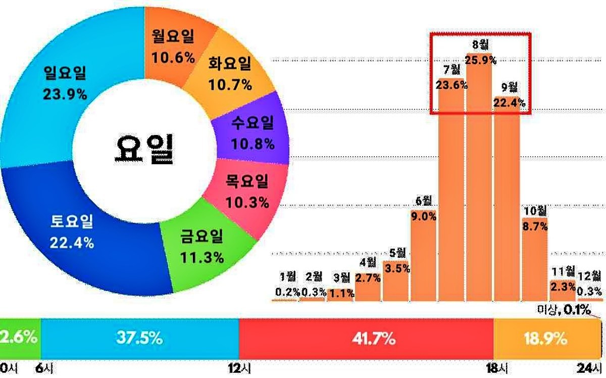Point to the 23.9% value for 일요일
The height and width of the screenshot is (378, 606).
(x=65, y=95)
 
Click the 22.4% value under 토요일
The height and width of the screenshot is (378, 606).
(x=72, y=243)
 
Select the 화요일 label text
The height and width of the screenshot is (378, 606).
(x=230, y=64)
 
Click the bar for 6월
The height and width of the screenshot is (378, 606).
(x=423, y=255)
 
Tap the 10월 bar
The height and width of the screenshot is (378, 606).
(x=535, y=259)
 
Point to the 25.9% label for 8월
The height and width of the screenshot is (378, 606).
(x=480, y=60)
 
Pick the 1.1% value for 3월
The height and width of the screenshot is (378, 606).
(x=341, y=294)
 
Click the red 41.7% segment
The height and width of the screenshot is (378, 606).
(x=366, y=339)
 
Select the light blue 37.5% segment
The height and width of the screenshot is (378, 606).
(x=140, y=339)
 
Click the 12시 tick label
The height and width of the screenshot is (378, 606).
(x=239, y=369)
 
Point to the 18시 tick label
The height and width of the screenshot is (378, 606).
(x=497, y=369)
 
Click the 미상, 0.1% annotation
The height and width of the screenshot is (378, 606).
(x=564, y=309)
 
